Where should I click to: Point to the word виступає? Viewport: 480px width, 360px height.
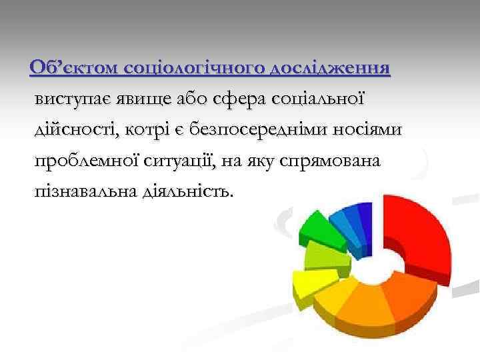tap(75, 99)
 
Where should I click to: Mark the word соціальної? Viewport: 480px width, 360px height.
tap(317, 99)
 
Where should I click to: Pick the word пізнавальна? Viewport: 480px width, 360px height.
tap(85, 192)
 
